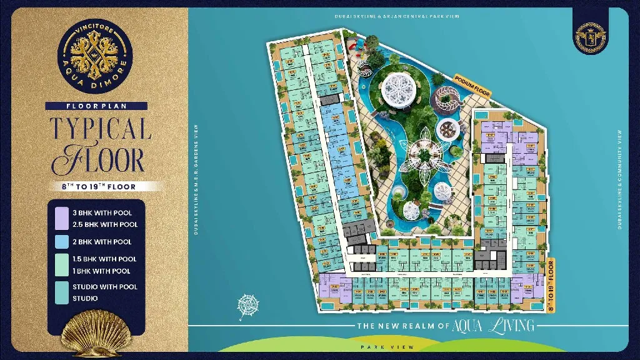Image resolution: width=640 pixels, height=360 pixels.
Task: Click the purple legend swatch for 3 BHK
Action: (x=62, y=218)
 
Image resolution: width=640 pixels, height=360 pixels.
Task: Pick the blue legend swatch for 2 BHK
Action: (x=62, y=241)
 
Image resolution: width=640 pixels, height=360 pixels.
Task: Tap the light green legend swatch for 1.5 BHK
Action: (x=62, y=264)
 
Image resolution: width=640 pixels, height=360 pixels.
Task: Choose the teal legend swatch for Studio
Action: (x=62, y=292)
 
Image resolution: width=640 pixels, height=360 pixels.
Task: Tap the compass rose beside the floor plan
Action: (x=249, y=305)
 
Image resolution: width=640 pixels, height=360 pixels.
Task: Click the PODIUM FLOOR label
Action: (x=474, y=87)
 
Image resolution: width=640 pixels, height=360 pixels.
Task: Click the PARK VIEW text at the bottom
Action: (x=377, y=346)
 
